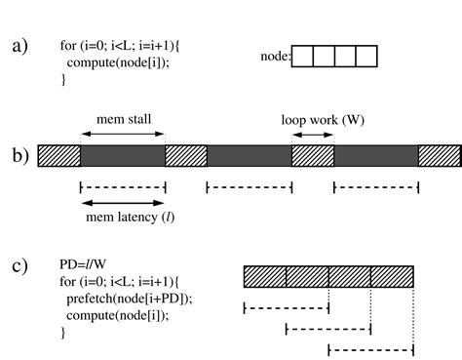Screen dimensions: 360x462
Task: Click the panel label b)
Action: click(x=19, y=155)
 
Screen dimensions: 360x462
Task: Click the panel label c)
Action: click(x=19, y=265)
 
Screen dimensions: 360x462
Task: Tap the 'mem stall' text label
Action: click(x=122, y=120)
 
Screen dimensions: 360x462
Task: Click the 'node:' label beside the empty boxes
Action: click(x=276, y=58)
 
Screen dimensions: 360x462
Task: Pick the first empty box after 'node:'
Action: click(x=302, y=57)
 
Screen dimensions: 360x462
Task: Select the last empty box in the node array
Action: click(x=366, y=57)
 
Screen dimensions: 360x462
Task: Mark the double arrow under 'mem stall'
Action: click(x=122, y=134)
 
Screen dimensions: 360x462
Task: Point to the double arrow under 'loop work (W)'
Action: click(x=312, y=134)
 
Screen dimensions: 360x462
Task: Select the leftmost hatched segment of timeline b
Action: click(x=58, y=156)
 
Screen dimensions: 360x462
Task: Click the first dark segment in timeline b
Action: click(x=122, y=156)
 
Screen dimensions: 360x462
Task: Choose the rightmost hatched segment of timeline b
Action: click(x=439, y=156)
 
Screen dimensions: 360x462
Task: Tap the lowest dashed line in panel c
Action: click(x=370, y=349)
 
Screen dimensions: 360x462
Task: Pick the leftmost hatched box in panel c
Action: click(x=265, y=277)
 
